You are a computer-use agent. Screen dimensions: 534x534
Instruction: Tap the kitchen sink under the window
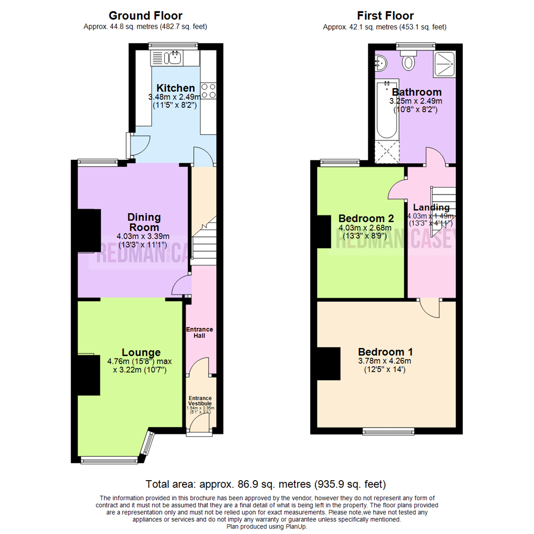(174, 58)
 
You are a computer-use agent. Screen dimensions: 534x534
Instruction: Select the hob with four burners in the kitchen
(209, 91)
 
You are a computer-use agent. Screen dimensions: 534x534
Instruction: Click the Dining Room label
(144, 222)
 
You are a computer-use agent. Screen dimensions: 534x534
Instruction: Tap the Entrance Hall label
(199, 332)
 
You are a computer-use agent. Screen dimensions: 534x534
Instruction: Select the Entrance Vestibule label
(200, 401)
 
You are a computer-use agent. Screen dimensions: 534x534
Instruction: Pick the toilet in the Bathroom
(409, 62)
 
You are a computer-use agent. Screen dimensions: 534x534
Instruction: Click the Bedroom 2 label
(366, 219)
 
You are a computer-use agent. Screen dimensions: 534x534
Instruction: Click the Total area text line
(266, 484)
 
